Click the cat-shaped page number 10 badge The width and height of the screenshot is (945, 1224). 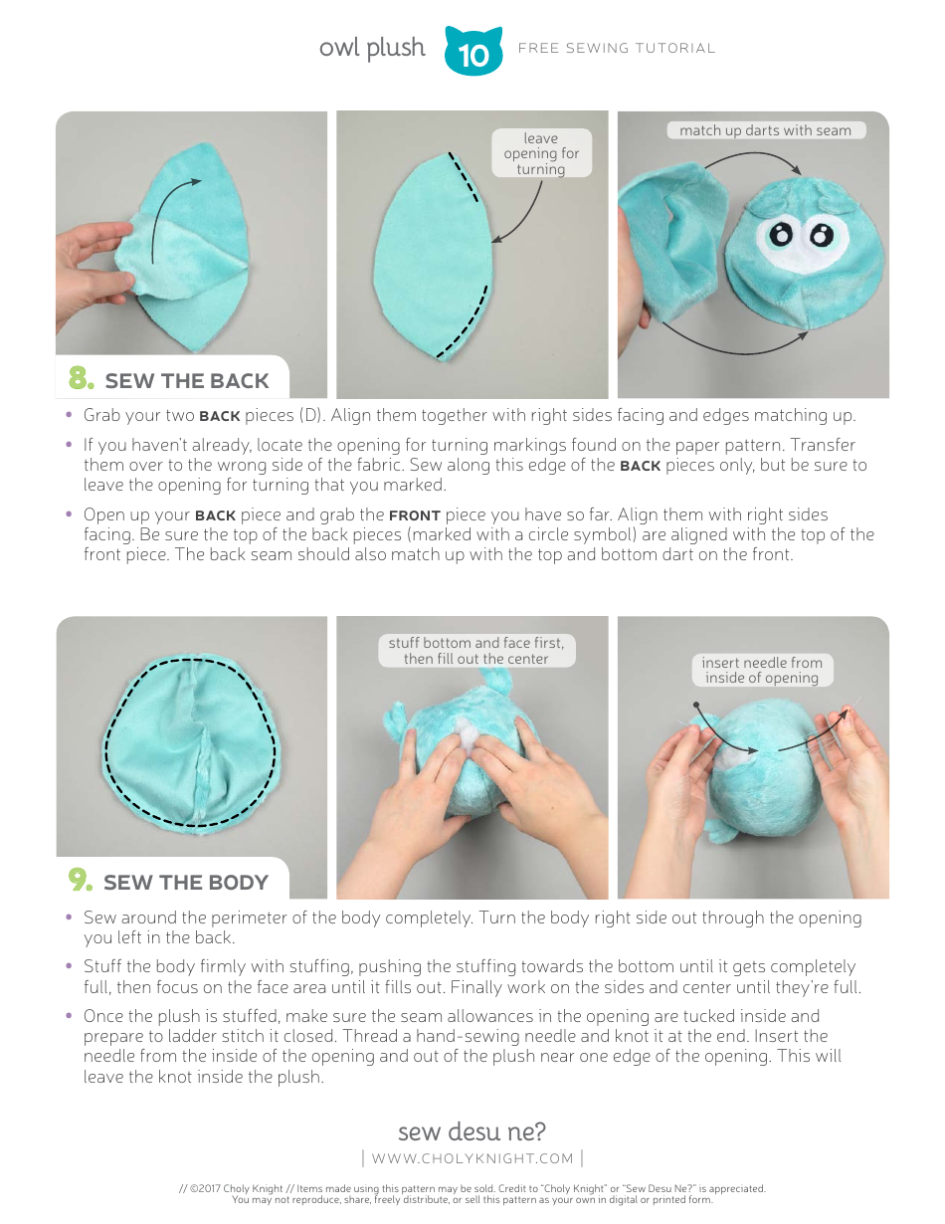[473, 53]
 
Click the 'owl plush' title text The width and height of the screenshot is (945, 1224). [371, 48]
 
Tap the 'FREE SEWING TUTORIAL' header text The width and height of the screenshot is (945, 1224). [616, 48]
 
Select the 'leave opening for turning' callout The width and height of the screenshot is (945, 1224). [540, 153]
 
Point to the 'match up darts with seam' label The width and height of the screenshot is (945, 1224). [764, 130]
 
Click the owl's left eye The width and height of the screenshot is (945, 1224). [783, 235]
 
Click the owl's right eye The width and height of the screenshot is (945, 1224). [822, 236]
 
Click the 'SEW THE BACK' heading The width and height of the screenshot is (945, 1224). [186, 381]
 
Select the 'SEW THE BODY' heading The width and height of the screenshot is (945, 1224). [186, 883]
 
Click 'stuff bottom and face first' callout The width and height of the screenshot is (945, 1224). [475, 651]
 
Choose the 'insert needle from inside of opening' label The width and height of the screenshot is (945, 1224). [761, 670]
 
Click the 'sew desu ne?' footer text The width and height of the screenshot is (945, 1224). [472, 1131]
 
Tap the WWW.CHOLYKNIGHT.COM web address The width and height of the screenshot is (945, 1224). [472, 1158]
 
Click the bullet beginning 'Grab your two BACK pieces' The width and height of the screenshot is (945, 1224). [468, 415]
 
